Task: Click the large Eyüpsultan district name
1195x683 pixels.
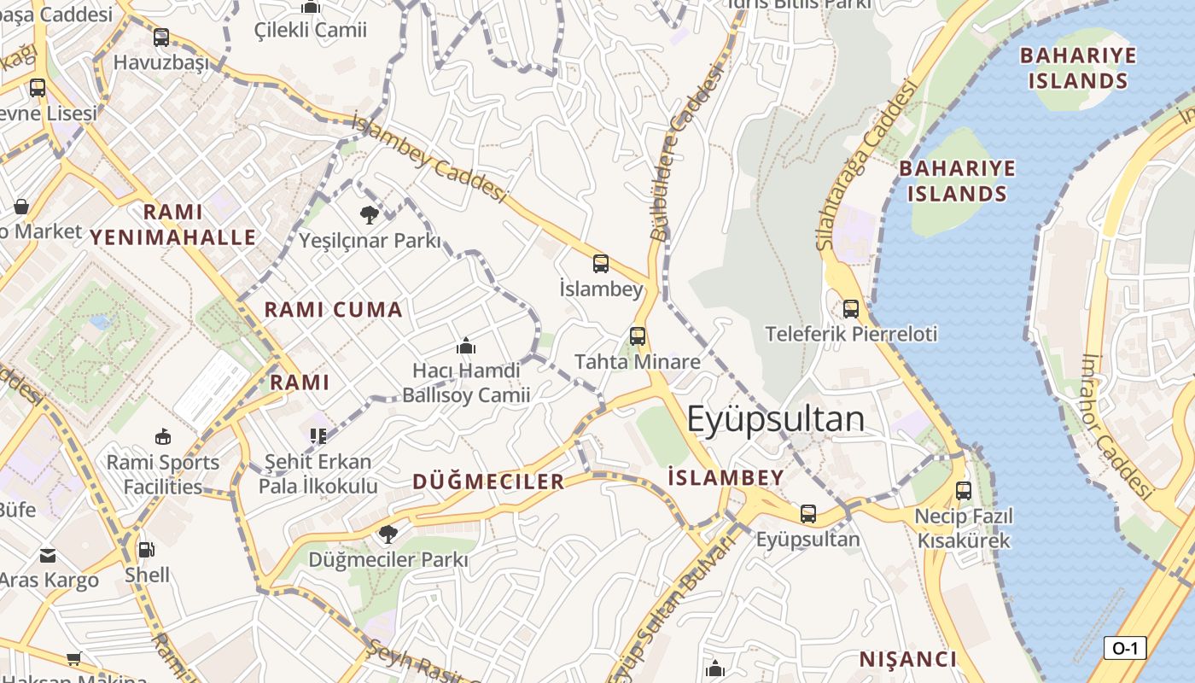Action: (x=775, y=419)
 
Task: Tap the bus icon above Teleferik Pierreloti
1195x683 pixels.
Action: (x=850, y=309)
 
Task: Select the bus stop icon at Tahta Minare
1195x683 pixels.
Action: (x=638, y=336)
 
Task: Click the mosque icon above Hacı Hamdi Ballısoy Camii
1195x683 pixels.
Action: (x=466, y=346)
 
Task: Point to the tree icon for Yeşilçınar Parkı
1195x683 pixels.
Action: (x=370, y=214)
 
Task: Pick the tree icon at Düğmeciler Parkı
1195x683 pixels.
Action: (x=388, y=534)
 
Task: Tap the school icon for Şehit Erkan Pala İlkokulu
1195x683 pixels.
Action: (x=318, y=436)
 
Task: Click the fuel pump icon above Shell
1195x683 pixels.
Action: (x=147, y=549)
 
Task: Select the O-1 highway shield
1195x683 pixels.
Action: (x=1124, y=648)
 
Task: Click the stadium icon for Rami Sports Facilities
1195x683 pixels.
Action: (x=163, y=437)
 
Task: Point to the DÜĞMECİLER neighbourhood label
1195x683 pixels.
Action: (x=488, y=482)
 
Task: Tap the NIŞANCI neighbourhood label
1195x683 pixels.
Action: (x=907, y=659)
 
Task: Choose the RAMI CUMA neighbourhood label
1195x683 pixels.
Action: (x=333, y=310)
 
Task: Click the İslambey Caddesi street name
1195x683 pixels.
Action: (x=429, y=158)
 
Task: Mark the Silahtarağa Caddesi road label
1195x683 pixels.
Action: (x=866, y=166)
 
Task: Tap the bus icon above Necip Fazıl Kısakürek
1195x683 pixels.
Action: (x=964, y=491)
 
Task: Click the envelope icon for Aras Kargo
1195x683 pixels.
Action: (x=48, y=556)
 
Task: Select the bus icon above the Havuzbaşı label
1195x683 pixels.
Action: (x=161, y=38)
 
